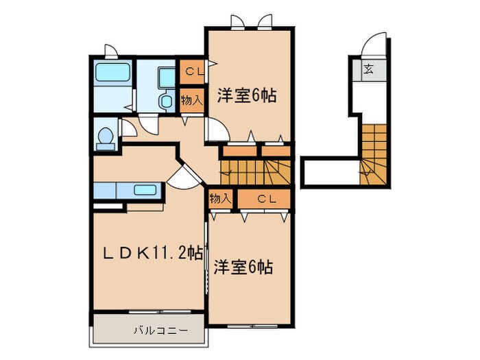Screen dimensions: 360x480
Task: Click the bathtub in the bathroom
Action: [x=111, y=73]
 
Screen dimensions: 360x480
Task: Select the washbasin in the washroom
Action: [x=165, y=76]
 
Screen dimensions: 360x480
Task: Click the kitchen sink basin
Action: [x=146, y=190]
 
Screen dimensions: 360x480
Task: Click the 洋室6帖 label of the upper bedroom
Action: [x=247, y=95]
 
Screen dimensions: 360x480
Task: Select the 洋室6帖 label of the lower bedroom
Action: [x=243, y=266]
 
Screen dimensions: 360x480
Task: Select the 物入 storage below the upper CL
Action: [x=191, y=100]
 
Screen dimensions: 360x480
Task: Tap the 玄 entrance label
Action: [x=369, y=68]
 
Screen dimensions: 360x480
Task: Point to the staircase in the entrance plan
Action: [x=375, y=154]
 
